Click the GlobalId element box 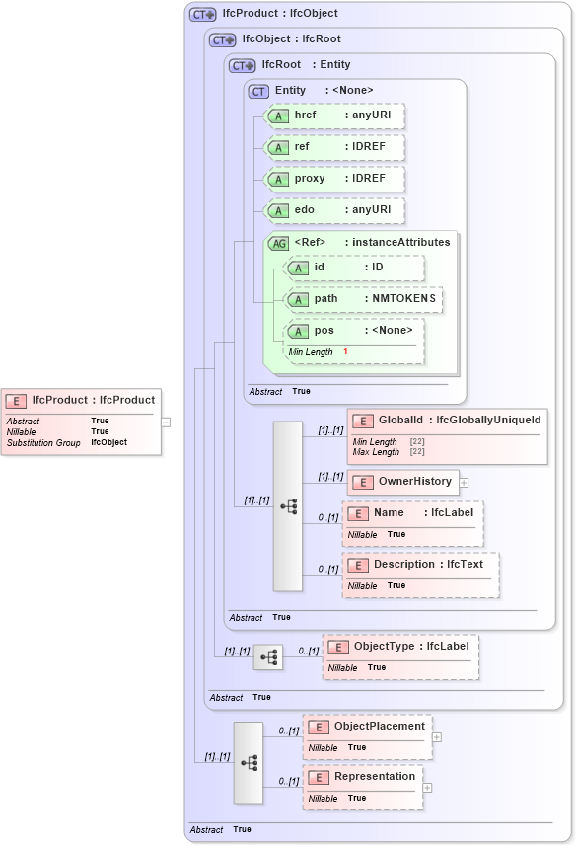pos(446,435)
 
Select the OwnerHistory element pos(401,482)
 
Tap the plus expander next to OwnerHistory pos(464,483)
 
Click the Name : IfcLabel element pos(412,523)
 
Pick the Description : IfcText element pos(420,574)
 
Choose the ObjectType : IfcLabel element pos(401,656)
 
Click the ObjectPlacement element pos(366,735)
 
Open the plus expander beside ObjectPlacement pos(436,736)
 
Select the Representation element pos(362,786)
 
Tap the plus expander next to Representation pos(427,787)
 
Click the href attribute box pos(334,115)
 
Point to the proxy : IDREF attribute pos(334,179)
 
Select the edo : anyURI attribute pos(334,210)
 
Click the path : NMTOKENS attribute pos(362,299)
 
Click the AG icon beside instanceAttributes pos(278,243)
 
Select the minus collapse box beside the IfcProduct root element pos(166,422)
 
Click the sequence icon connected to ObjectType pos(267,656)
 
